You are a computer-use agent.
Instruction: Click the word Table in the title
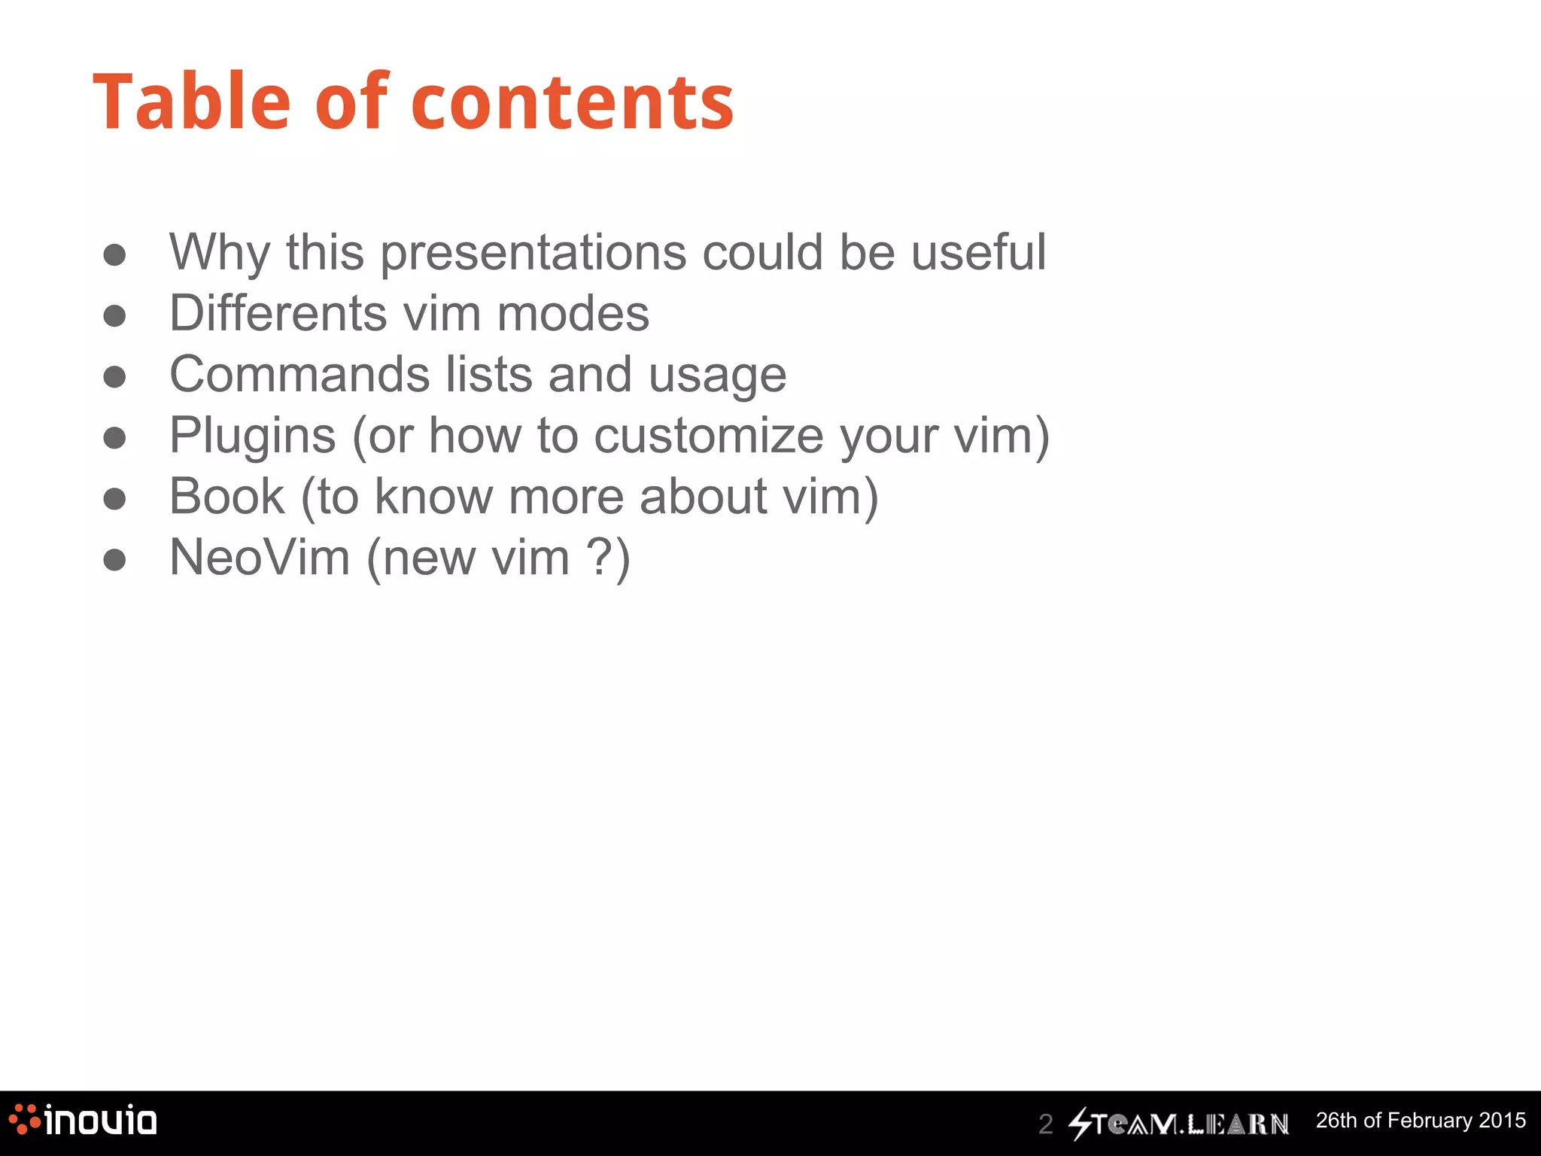(x=191, y=102)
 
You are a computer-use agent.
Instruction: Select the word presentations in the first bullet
(x=533, y=252)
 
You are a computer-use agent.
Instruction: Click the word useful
(x=978, y=252)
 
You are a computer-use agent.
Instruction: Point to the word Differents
(x=278, y=313)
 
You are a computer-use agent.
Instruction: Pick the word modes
(x=573, y=313)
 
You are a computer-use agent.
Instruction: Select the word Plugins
(x=252, y=437)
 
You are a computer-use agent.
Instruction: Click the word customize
(x=708, y=436)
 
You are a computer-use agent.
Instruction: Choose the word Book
(x=226, y=497)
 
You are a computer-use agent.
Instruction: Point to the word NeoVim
(x=260, y=558)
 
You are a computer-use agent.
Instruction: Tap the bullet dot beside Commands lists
(x=114, y=376)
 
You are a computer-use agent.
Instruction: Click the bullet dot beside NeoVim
(x=114, y=560)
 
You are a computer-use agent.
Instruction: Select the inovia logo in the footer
(x=83, y=1120)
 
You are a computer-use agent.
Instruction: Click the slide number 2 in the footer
(x=1045, y=1124)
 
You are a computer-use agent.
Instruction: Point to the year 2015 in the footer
(x=1502, y=1120)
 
